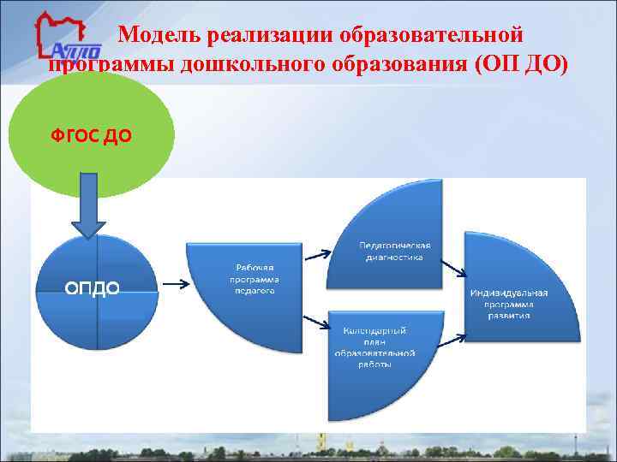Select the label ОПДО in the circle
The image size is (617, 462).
pos(92,287)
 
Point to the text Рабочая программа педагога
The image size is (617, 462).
pos(254,278)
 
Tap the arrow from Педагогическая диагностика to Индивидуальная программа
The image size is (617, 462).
pos(454,273)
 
